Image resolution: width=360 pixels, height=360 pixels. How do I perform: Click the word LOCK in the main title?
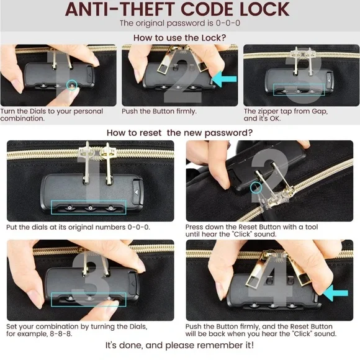264,10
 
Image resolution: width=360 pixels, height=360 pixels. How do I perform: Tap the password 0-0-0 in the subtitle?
228,23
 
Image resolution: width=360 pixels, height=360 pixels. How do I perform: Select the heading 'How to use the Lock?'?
180,38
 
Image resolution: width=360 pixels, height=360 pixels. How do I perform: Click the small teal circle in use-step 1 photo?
72,84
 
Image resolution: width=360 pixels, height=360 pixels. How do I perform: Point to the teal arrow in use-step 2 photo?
224,79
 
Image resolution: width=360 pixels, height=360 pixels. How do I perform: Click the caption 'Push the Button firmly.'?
159,111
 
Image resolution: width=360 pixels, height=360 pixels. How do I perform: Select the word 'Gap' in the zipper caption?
319,112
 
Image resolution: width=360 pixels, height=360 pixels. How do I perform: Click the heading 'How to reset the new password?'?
179,133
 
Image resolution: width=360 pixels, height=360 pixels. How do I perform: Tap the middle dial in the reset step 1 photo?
91,208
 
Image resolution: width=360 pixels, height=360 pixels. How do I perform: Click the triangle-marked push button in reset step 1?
137,192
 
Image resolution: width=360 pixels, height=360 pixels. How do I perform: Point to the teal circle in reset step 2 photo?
256,187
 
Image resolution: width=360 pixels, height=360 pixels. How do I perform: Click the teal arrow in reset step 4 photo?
335,293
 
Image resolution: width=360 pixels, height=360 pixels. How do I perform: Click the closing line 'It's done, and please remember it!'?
180,345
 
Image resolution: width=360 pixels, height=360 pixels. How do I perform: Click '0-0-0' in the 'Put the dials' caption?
138,227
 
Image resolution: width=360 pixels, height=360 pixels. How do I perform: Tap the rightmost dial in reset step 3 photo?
109,299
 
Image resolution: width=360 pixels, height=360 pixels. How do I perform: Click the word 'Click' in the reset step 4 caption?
303,333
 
